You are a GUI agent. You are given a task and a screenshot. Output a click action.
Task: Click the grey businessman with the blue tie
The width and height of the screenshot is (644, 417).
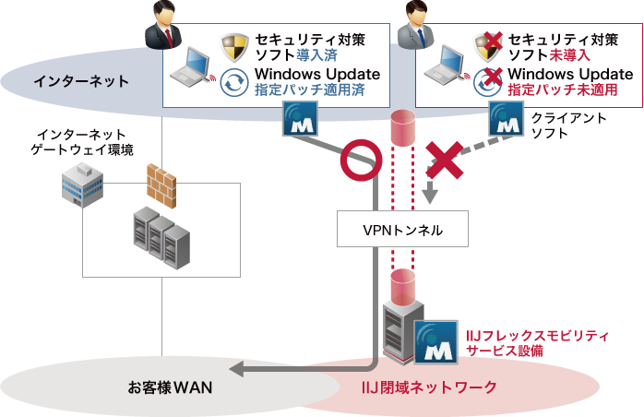point(413,24)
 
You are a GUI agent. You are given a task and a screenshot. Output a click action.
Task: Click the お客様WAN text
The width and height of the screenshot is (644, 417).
point(170,387)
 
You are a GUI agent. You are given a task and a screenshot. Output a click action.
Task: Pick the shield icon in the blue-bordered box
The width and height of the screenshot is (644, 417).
point(233,46)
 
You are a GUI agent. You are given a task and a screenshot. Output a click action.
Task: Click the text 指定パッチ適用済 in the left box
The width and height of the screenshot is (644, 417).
point(309,90)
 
